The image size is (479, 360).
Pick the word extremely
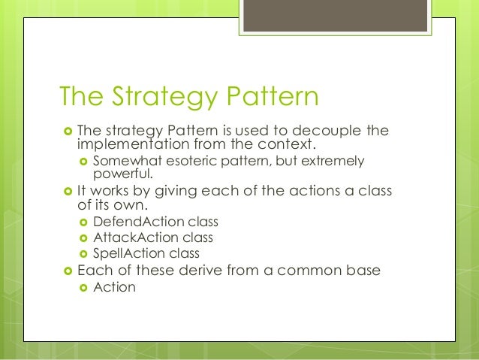(330, 162)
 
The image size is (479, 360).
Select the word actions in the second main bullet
(297, 192)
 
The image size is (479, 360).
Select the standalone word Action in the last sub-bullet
(114, 287)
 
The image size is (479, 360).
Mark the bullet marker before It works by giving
(66, 192)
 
